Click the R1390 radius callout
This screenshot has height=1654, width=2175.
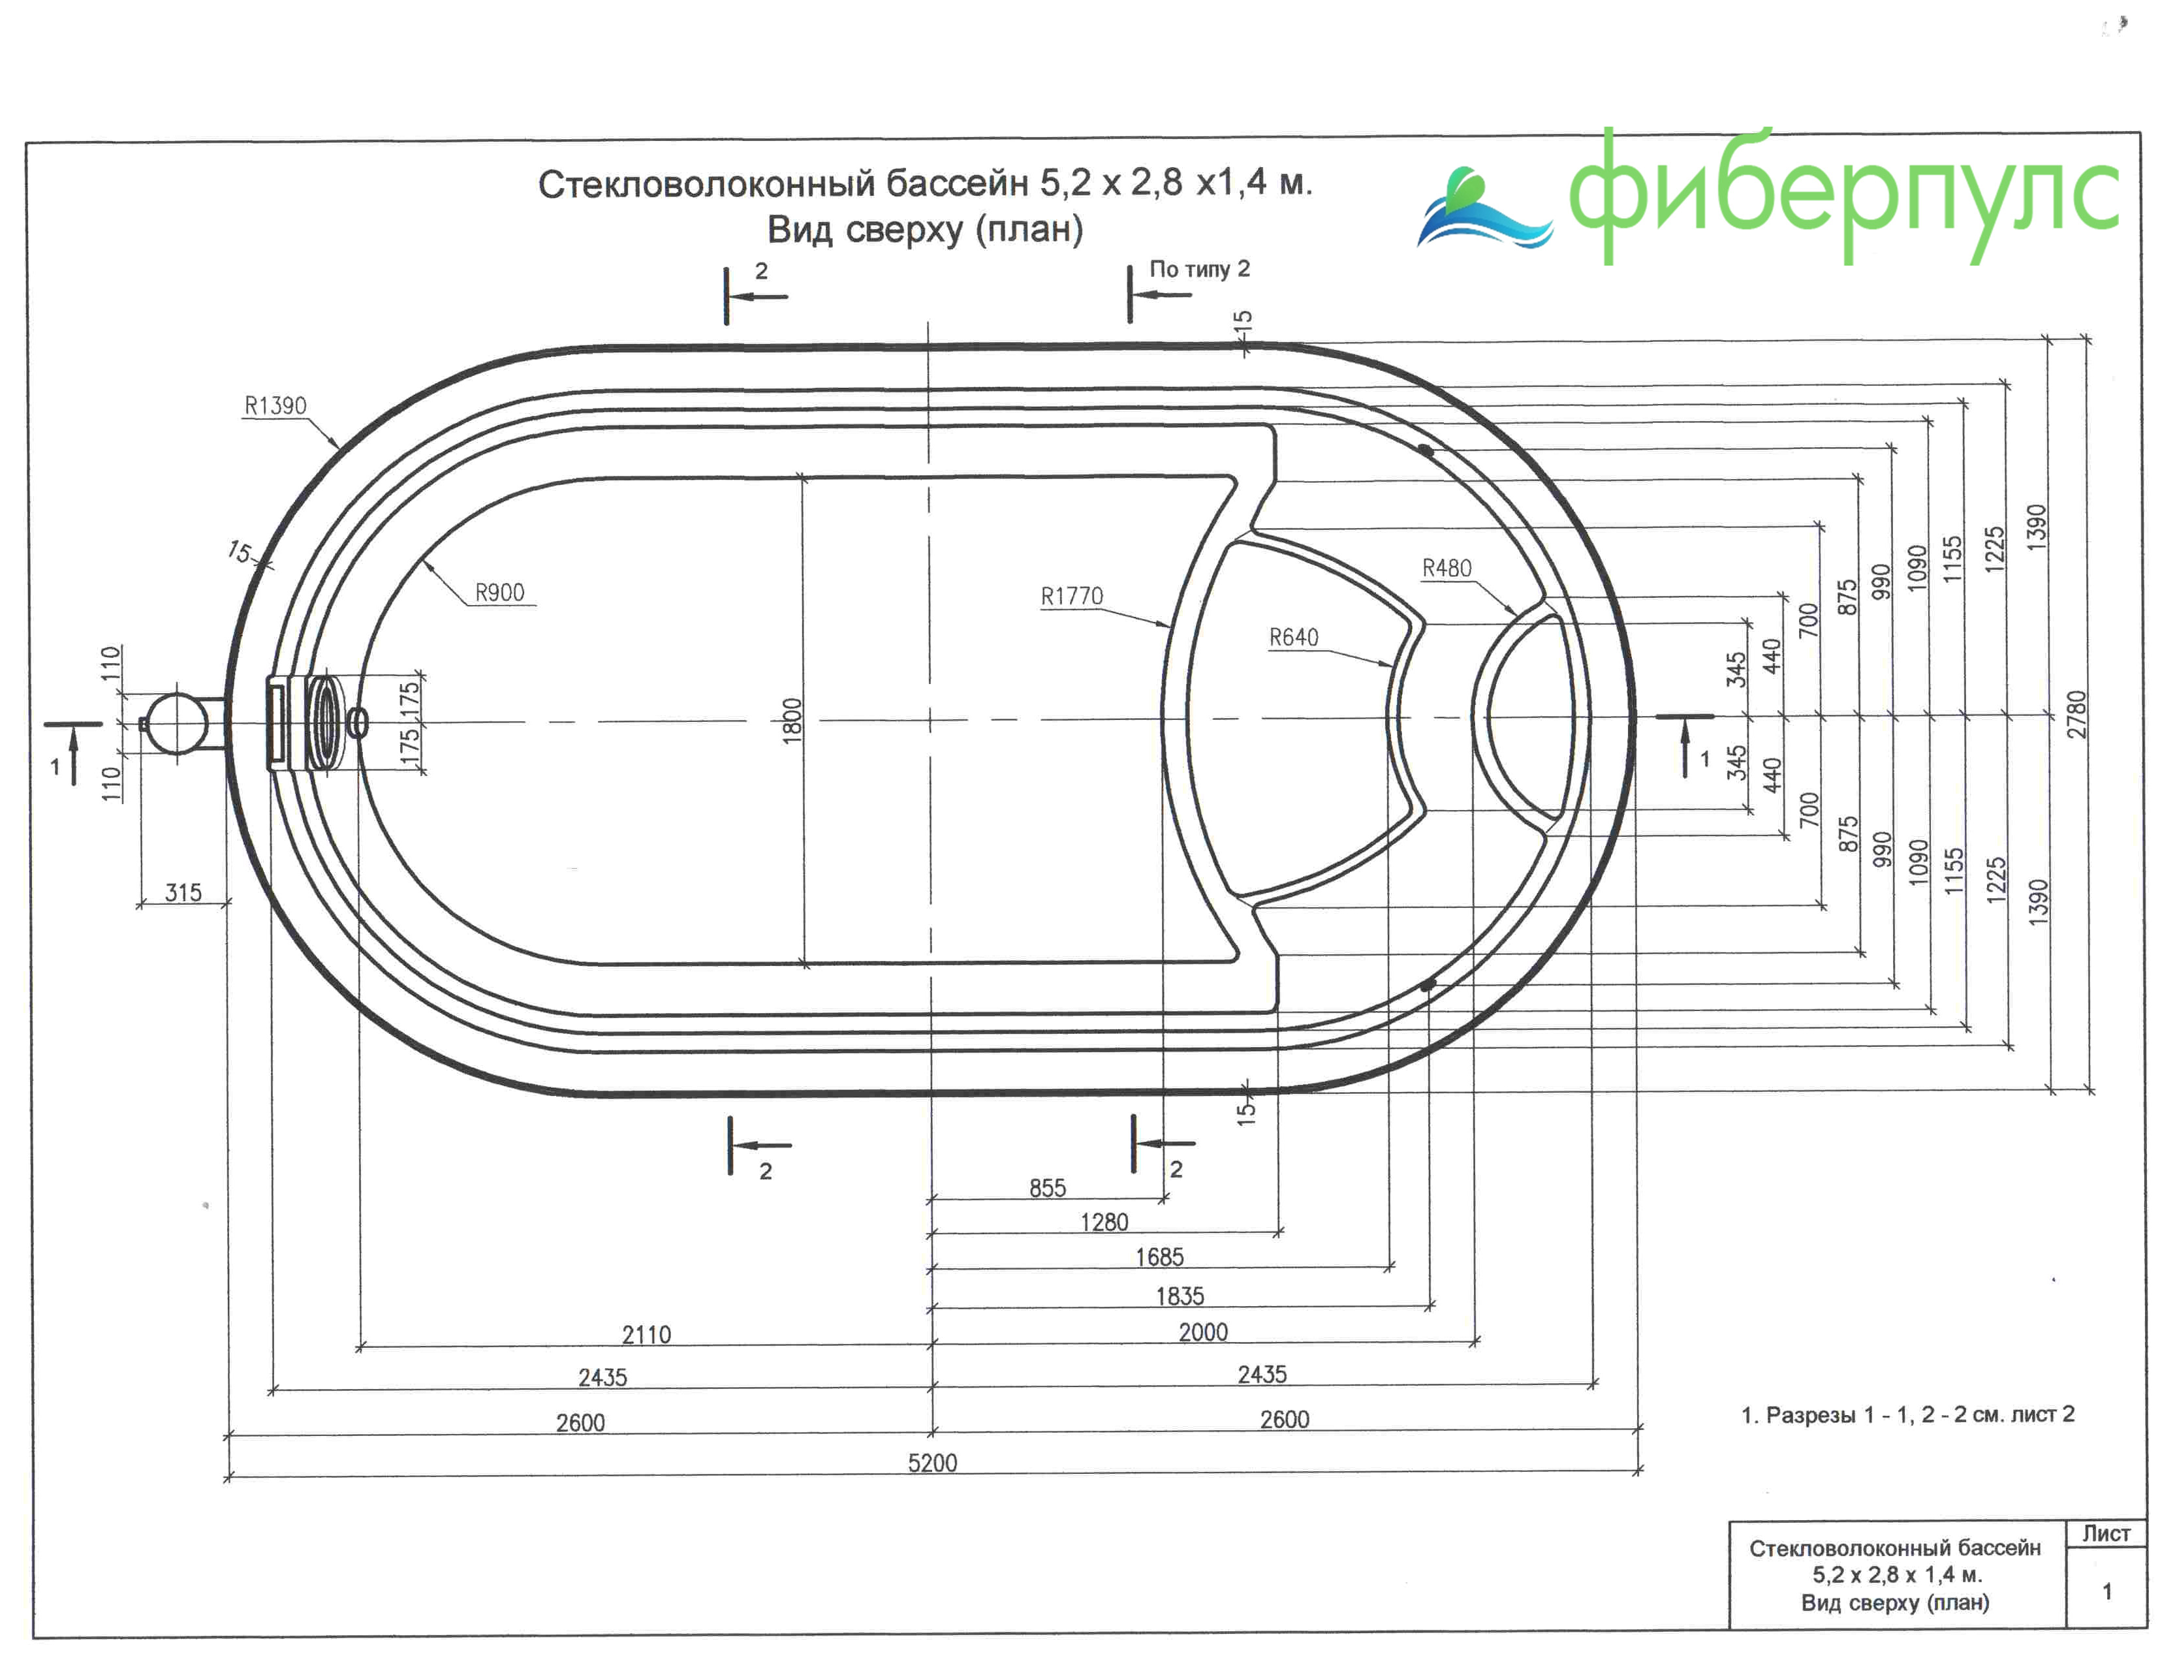275,405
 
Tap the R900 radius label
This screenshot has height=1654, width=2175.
499,593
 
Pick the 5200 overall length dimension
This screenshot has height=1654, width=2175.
931,1463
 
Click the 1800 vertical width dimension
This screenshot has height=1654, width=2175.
792,721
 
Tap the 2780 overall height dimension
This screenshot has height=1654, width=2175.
2076,715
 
